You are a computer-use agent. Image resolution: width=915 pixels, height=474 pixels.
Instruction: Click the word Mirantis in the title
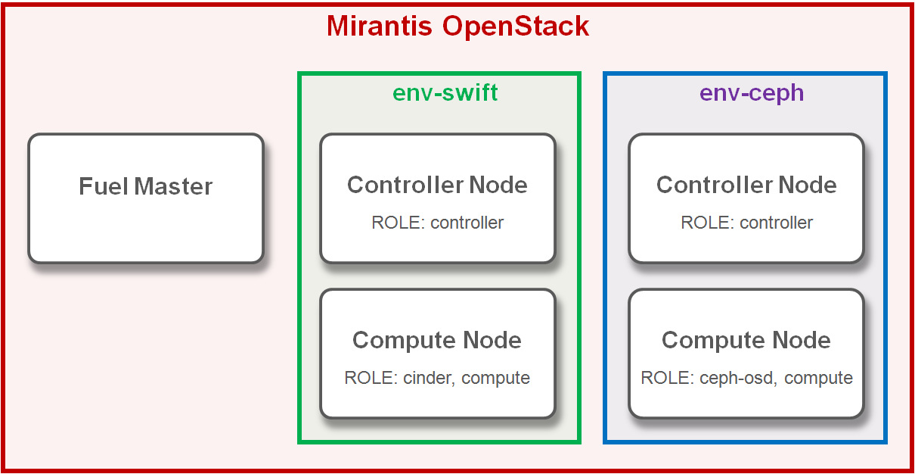pyautogui.click(x=380, y=27)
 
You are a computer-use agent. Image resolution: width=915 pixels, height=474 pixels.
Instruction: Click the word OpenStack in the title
pyautogui.click(x=516, y=27)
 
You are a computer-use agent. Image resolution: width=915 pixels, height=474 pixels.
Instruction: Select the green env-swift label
pyautogui.click(x=445, y=92)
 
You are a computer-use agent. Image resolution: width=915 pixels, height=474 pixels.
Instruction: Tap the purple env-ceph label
pyautogui.click(x=751, y=92)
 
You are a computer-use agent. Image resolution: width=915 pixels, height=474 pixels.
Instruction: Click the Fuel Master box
pyautogui.click(x=146, y=198)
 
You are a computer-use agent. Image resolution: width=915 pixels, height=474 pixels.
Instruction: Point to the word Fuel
pyautogui.click(x=103, y=186)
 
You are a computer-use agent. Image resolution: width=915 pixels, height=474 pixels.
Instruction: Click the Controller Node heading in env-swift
pyautogui.click(x=437, y=185)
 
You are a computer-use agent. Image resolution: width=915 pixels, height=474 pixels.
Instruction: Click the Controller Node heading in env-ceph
pyautogui.click(x=746, y=185)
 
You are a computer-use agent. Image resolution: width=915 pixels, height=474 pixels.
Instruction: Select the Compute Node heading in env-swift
pyautogui.click(x=437, y=340)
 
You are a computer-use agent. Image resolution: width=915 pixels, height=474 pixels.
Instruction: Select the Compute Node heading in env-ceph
pyautogui.click(x=746, y=340)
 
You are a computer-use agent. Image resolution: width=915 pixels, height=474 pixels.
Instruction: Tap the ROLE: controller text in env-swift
pyautogui.click(x=437, y=223)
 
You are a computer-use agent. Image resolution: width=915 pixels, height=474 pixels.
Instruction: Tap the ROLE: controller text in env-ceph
pyautogui.click(x=746, y=223)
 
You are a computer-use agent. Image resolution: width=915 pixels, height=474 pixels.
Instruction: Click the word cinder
pyautogui.click(x=429, y=378)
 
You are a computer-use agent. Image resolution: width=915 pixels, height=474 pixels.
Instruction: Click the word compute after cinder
pyautogui.click(x=495, y=378)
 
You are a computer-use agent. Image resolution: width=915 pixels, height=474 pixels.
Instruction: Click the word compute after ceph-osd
pyautogui.click(x=818, y=378)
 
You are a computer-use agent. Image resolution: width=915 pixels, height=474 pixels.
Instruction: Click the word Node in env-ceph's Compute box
pyautogui.click(x=804, y=340)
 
